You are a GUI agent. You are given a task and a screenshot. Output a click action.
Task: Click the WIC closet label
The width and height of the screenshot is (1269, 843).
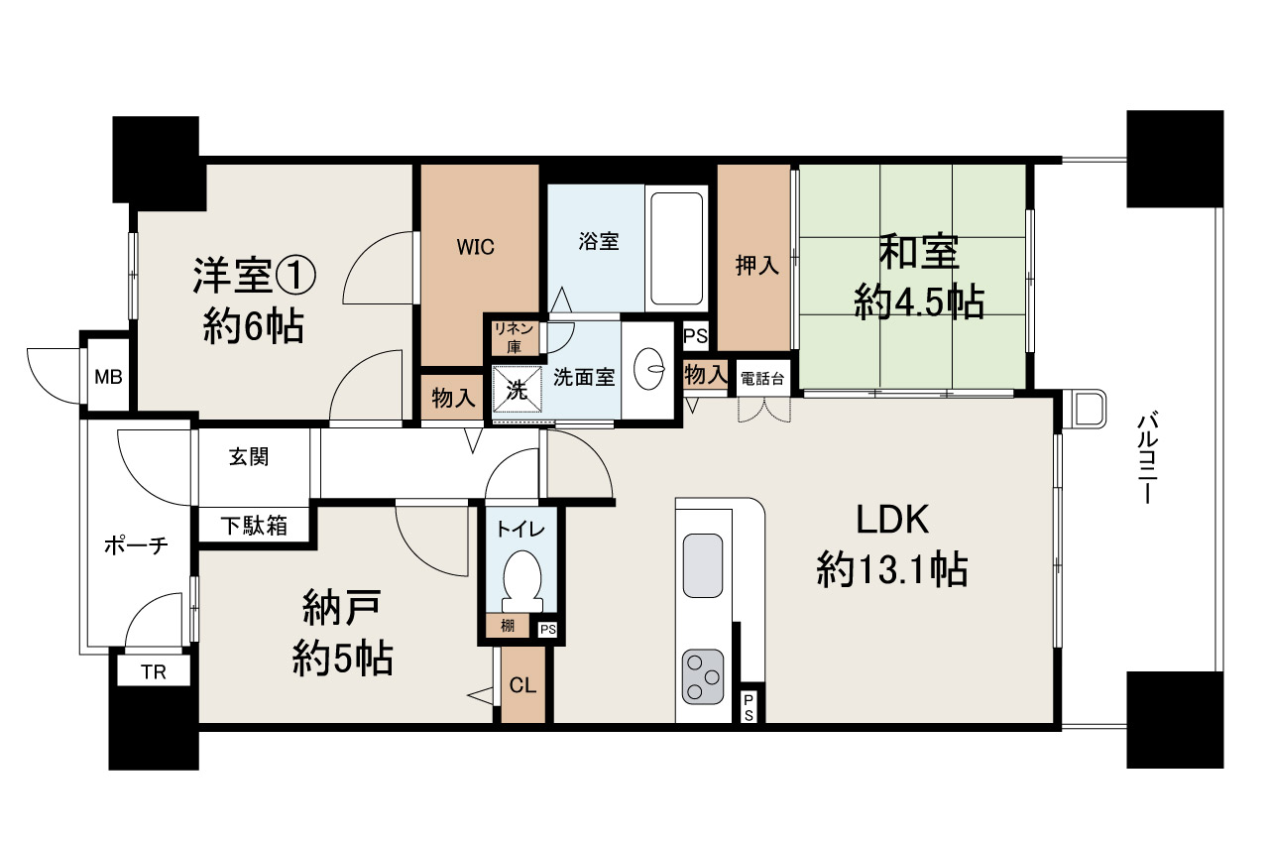click(475, 247)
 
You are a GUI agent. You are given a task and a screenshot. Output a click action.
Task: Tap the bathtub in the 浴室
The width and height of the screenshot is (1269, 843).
click(676, 249)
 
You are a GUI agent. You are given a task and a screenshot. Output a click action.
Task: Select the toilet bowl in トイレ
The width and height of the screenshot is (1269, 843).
click(521, 583)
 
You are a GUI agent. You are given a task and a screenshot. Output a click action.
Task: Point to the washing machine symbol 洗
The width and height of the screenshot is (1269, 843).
click(517, 391)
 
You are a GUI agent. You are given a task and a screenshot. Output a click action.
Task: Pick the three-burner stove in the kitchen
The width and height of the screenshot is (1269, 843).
click(703, 677)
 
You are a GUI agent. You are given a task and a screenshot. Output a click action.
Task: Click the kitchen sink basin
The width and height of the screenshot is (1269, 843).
click(703, 565)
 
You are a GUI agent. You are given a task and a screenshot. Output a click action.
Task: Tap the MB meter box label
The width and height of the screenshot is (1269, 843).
click(108, 377)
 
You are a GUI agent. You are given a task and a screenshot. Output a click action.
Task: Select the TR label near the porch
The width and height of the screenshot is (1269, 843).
click(154, 672)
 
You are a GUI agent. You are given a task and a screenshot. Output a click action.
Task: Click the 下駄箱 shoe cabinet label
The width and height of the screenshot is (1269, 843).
click(254, 527)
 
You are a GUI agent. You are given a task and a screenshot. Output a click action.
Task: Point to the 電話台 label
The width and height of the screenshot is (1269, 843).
click(762, 379)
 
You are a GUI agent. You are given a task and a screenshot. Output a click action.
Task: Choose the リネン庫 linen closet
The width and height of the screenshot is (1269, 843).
click(514, 338)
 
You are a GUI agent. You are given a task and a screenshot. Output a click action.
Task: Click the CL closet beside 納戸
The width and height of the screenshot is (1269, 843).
click(522, 685)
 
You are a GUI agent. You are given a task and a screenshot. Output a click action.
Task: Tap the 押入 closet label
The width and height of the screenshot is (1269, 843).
click(756, 265)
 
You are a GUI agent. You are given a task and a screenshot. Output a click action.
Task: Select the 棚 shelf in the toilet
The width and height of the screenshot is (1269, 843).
click(508, 626)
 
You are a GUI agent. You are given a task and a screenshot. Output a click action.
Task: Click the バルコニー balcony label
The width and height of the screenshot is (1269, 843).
click(1148, 458)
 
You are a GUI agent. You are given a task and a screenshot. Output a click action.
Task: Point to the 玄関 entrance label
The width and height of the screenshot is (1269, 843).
click(249, 456)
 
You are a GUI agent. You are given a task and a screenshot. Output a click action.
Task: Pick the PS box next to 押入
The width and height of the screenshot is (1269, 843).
click(696, 336)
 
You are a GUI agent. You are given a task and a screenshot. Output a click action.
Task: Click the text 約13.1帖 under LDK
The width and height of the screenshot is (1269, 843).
click(891, 569)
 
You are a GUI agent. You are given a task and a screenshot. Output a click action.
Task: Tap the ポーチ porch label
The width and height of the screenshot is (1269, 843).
click(136, 545)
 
